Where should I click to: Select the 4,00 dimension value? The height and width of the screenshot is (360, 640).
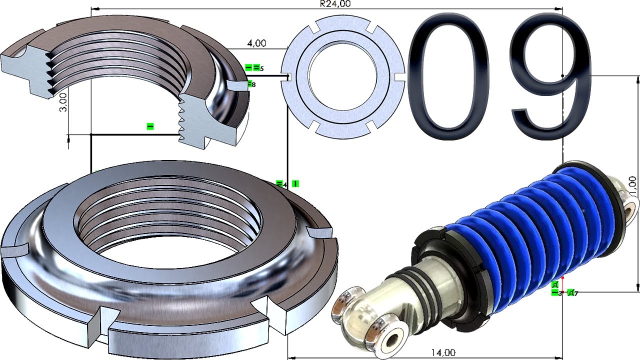coord(256,43)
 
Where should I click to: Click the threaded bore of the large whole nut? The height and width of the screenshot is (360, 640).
coord(167,220)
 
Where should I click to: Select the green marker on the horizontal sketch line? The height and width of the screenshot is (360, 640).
coord(150,127)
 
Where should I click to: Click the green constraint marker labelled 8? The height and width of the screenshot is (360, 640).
coord(251,84)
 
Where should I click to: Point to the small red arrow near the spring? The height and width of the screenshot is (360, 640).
coord(562,278)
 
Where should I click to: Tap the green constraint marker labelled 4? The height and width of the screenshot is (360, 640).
coord(280,184)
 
